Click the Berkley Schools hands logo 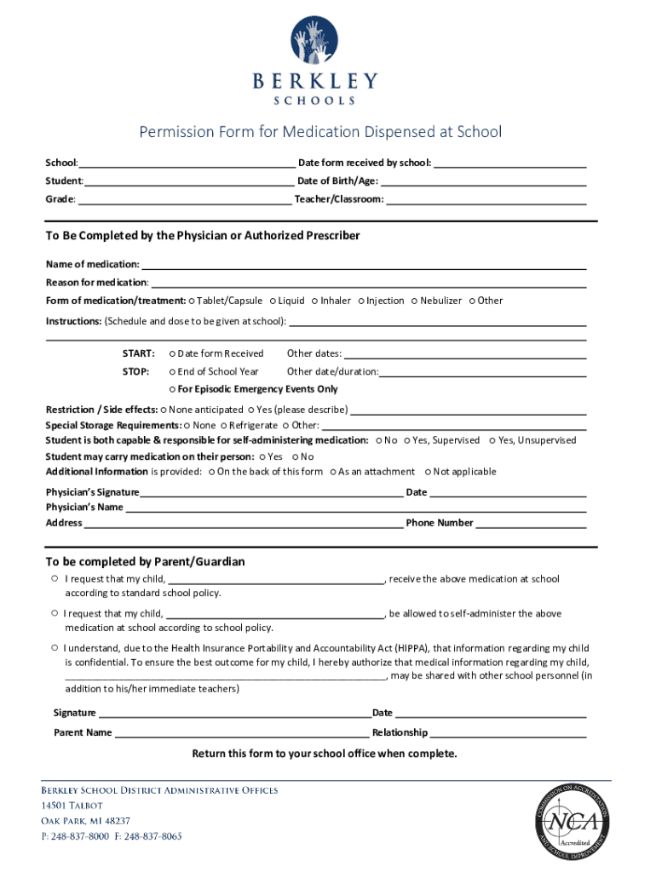[x=314, y=42]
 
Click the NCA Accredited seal [x=572, y=821]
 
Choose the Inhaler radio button [x=314, y=301]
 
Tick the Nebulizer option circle [x=414, y=301]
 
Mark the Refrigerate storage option [x=224, y=425]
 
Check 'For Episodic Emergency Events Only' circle [x=172, y=389]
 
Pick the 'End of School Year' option [x=172, y=371]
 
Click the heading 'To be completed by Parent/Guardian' [x=145, y=562]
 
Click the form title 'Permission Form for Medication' [x=320, y=132]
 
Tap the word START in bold [x=138, y=353]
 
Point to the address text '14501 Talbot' [x=72, y=806]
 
